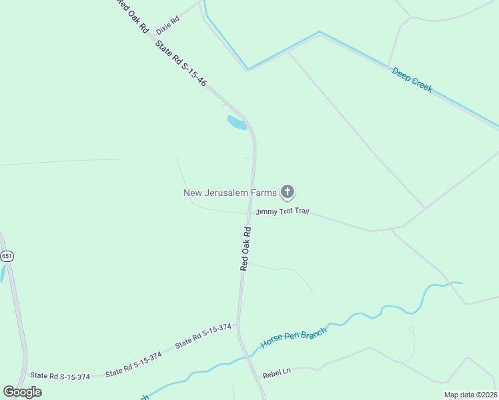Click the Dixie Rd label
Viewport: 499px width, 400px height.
(167, 26)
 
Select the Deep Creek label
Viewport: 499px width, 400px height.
(412, 79)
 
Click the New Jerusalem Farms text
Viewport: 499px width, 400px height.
(229, 193)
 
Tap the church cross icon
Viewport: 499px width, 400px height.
(287, 193)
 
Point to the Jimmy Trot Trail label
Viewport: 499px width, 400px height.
(282, 212)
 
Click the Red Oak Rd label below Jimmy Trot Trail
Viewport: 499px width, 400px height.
(245, 249)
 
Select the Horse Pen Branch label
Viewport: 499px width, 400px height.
(294, 338)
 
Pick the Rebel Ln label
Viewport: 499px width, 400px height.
(278, 373)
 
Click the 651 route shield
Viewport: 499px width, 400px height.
(7, 256)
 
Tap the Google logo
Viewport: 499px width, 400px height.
(23, 392)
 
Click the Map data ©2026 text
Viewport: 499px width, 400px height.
(470, 395)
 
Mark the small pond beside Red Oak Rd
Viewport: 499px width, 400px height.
(237, 123)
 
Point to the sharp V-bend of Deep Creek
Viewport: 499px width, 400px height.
(247, 68)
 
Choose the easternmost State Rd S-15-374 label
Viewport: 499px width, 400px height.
(203, 336)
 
